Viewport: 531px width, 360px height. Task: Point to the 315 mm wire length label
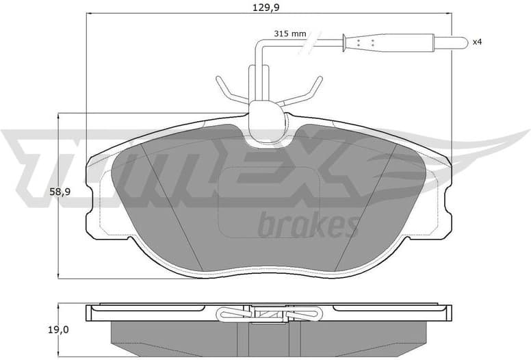289,32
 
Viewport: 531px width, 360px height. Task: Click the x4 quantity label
478,42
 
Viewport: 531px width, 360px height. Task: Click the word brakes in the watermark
308,224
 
